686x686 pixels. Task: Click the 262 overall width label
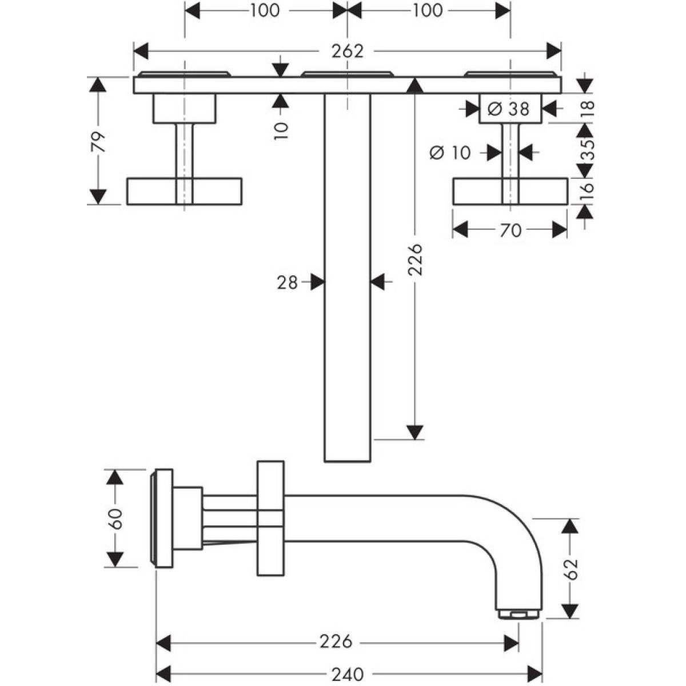pos(348,51)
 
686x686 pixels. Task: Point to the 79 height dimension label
pos(99,141)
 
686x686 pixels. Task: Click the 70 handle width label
pos(510,230)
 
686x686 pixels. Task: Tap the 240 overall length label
pos(347,675)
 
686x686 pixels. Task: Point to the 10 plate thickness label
pos(281,129)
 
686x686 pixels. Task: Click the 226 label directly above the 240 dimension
pos(336,642)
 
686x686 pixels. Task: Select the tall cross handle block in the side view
pos(271,517)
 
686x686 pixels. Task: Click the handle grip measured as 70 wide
pos(510,191)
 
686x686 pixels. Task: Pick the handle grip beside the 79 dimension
pos(184,191)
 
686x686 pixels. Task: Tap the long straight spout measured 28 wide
pos(348,274)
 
